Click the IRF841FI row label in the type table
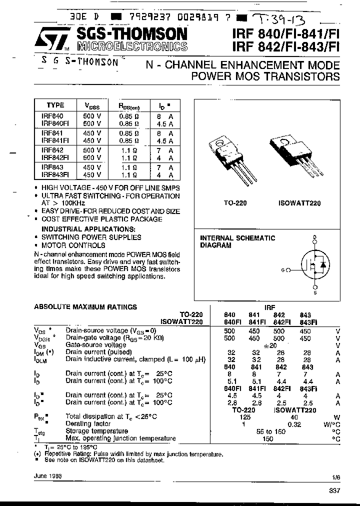[x=56, y=141]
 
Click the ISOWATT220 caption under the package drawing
[x=299, y=203]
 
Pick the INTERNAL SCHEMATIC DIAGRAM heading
[x=237, y=241]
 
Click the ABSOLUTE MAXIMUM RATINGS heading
[x=85, y=307]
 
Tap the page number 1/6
[x=333, y=476]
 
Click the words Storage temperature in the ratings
[x=96, y=431]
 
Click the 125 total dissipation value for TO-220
[x=244, y=416]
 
